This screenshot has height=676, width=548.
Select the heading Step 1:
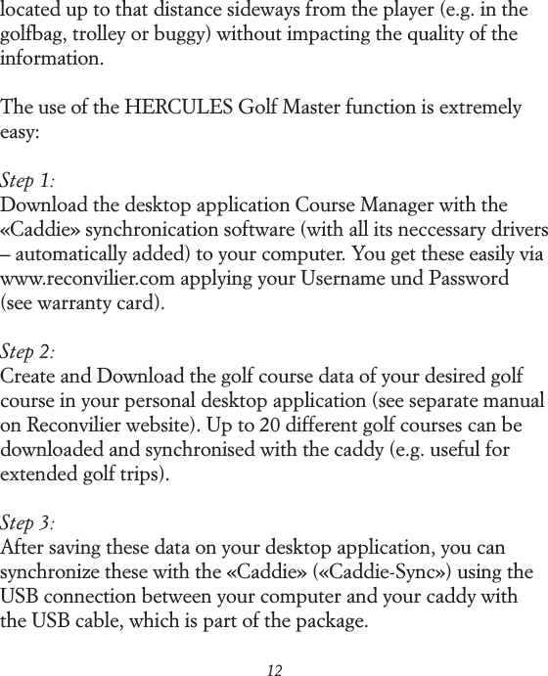click(28, 182)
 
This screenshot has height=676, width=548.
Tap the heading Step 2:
click(28, 352)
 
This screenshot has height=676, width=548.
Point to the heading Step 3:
click(28, 523)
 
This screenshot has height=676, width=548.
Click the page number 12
click(274, 669)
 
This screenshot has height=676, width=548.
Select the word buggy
click(184, 36)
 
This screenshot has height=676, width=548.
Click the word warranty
click(83, 303)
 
